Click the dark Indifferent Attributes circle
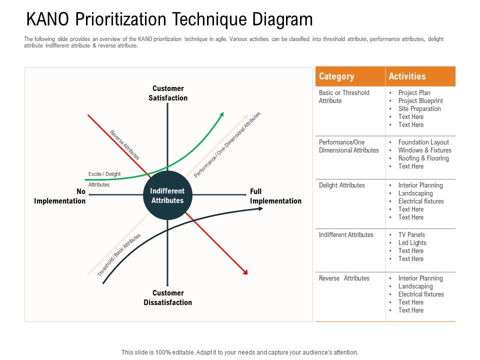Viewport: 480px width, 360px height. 167,195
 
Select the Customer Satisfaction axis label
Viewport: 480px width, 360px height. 168,93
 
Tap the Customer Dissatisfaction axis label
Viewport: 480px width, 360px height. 167,297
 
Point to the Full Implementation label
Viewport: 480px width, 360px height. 275,196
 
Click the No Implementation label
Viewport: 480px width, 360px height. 60,196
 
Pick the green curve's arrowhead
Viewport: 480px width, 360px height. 221,115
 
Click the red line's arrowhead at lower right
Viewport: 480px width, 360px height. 245,272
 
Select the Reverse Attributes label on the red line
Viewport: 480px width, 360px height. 124,145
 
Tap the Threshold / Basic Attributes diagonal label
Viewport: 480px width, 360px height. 119,255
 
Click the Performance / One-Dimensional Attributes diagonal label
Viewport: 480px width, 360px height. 227,145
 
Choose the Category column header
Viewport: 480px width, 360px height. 336,76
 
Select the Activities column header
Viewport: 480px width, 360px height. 407,76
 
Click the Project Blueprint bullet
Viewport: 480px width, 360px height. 420,100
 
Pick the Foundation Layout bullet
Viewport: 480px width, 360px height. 423,142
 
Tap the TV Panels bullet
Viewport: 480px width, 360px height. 411,234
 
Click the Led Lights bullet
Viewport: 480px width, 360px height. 412,242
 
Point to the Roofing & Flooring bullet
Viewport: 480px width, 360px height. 423,158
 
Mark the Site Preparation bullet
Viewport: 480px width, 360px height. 419,108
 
